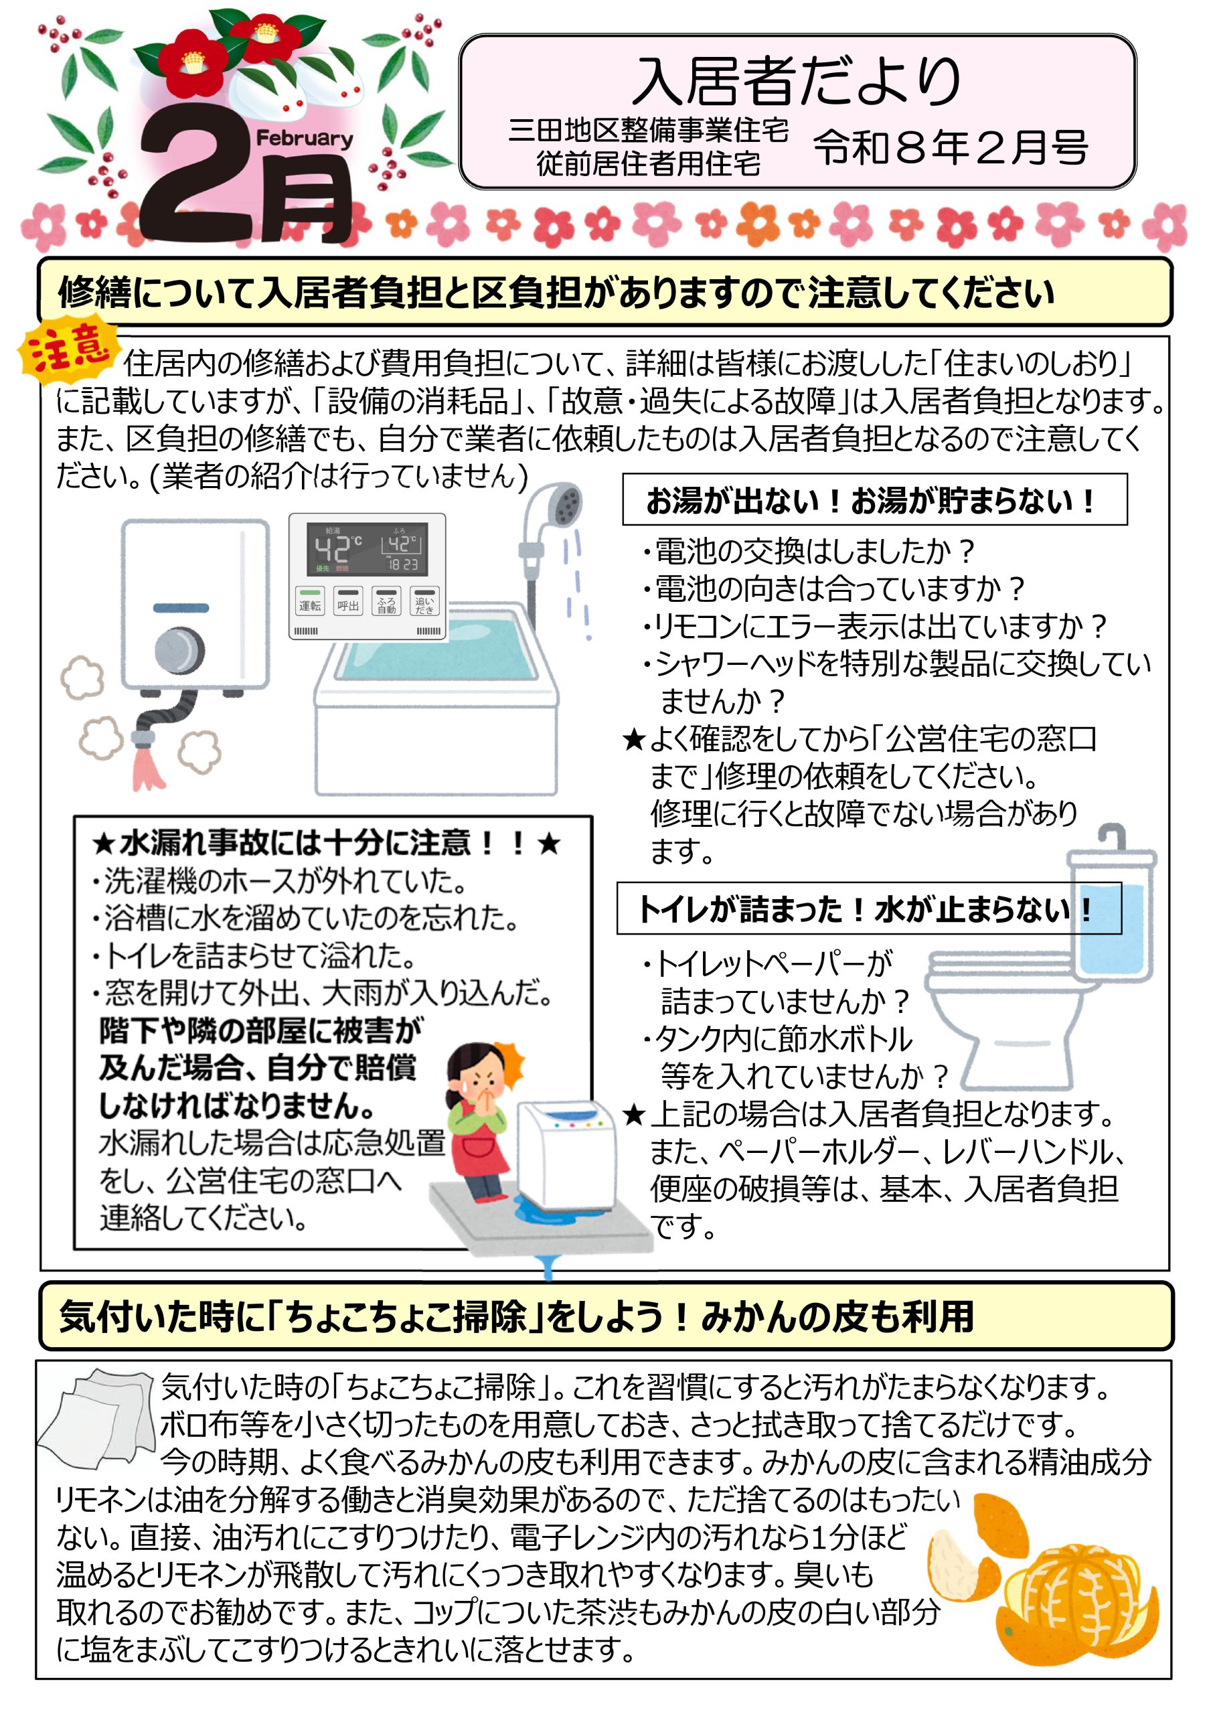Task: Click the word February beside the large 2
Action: [x=304, y=139]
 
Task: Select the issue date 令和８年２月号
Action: [x=951, y=147]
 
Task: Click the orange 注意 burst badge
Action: [x=67, y=349]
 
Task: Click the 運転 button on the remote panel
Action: [x=310, y=602]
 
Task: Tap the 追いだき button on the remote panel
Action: [x=424, y=602]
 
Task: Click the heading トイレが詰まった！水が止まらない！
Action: [x=866, y=909]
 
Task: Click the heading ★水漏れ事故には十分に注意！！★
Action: [x=326, y=844]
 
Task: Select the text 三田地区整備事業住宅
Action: [x=648, y=131]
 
